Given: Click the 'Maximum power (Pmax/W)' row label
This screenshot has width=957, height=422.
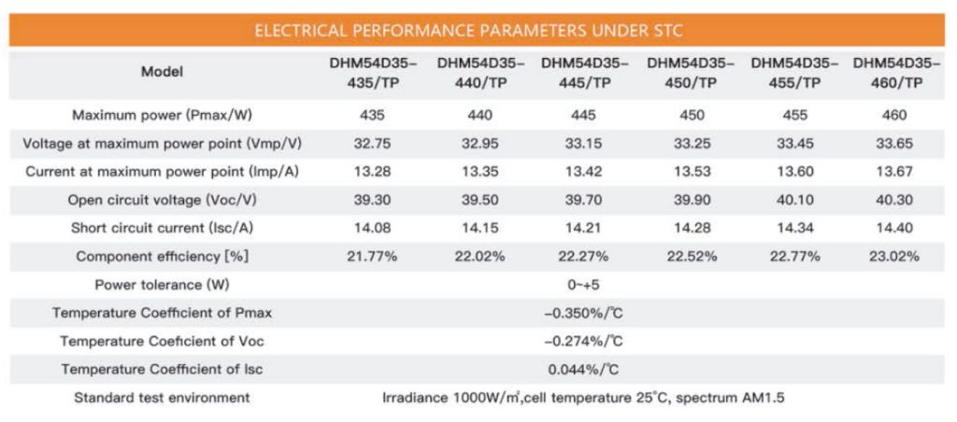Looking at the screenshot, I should tap(162, 114).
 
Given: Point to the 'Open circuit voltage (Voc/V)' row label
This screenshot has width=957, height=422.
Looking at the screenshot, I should tap(162, 200).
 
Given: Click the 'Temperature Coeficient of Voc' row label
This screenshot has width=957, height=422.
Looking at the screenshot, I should tap(162, 341).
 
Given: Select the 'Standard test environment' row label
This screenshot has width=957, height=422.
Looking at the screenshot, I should tap(162, 398).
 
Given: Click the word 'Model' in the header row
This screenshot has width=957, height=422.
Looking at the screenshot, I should tap(162, 72).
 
